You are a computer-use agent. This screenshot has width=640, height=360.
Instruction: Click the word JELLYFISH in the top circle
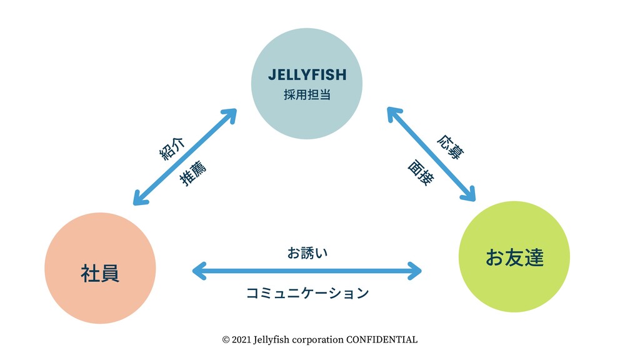click(307, 76)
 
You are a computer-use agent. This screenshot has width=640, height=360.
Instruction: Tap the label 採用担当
click(307, 96)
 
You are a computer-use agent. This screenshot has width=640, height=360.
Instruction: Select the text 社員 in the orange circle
click(100, 273)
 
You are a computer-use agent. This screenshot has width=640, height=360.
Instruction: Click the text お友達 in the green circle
click(514, 257)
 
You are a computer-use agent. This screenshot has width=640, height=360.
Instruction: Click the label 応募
click(451, 146)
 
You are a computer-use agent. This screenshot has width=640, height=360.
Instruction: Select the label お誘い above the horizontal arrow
click(307, 253)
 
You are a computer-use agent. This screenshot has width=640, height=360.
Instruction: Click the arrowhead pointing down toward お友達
click(469, 194)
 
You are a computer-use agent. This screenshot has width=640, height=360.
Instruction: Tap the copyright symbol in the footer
click(226, 340)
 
